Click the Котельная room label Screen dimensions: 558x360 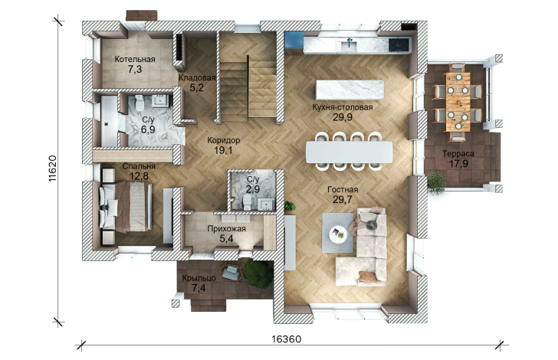point(135,60)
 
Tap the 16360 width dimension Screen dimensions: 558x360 point(287,339)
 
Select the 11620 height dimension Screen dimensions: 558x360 point(53,169)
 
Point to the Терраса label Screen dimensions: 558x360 point(458,154)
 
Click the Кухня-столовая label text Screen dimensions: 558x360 point(343,107)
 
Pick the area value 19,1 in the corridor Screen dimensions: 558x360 point(223,150)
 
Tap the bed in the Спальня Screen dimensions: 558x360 point(125,207)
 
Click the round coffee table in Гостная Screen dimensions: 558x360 point(338,234)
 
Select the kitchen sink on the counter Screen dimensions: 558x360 point(349,45)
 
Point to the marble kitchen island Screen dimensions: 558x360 point(350,90)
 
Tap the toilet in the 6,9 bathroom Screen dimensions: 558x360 point(139,103)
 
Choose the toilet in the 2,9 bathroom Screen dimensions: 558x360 point(246,201)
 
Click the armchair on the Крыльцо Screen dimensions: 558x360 point(231,272)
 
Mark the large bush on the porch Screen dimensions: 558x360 point(258,273)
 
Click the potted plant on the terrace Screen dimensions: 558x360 point(436,183)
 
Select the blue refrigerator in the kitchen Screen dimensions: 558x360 point(294,40)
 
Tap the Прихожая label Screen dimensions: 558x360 point(227,229)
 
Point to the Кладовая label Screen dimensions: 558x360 point(197,78)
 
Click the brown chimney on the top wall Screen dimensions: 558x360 point(142,15)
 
